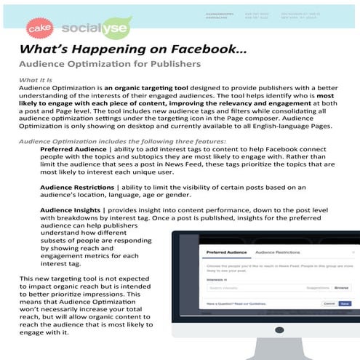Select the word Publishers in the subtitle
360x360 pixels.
pos(175,63)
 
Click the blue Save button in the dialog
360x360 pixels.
pos(344,303)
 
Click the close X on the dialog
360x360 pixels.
pos(353,253)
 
